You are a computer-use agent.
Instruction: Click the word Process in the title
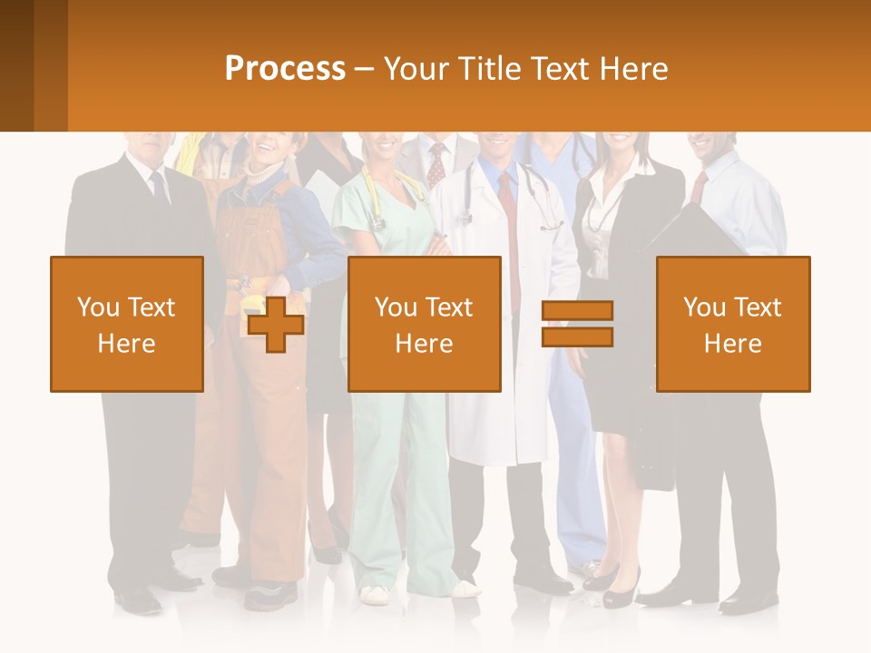(x=285, y=69)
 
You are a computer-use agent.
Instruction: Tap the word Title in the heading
(x=491, y=69)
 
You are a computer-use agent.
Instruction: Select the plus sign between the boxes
(x=276, y=324)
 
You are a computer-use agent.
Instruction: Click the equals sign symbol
(x=577, y=324)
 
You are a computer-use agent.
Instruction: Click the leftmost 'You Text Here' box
(x=127, y=324)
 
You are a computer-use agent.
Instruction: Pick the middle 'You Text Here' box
(x=424, y=324)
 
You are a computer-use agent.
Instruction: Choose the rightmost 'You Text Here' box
(x=733, y=324)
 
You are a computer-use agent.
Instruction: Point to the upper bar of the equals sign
(x=577, y=311)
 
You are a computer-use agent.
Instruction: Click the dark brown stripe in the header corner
(x=16, y=65)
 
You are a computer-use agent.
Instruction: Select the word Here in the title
(x=631, y=69)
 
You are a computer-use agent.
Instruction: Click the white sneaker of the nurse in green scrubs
(x=374, y=594)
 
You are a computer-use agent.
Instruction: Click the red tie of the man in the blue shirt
(x=698, y=187)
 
